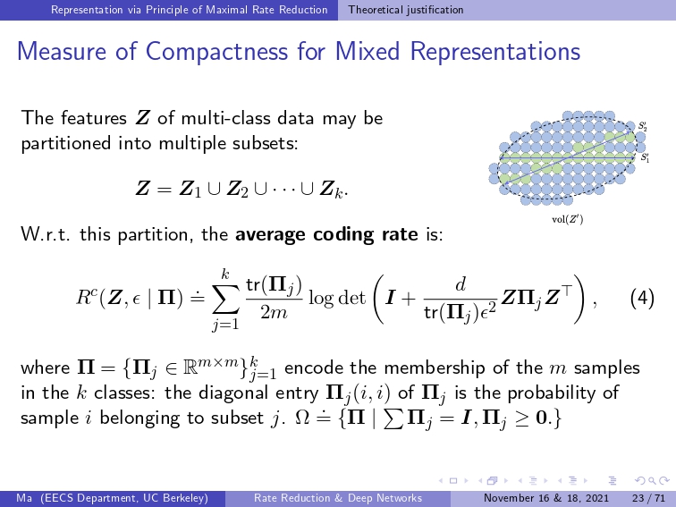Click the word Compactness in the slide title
tap(216, 51)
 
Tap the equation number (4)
tap(642, 298)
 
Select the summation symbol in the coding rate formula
tap(225, 300)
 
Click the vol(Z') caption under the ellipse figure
tap(567, 219)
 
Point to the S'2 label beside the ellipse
tap(643, 126)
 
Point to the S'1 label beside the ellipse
tap(645, 157)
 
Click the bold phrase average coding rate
tap(326, 234)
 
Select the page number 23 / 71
tap(648, 498)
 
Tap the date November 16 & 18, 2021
tap(546, 498)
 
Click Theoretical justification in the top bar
tap(406, 10)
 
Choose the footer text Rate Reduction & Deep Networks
tap(338, 498)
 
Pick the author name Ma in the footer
tap(24, 498)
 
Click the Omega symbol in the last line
tap(301, 418)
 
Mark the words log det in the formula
tap(337, 299)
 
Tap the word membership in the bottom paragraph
tap(435, 368)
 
